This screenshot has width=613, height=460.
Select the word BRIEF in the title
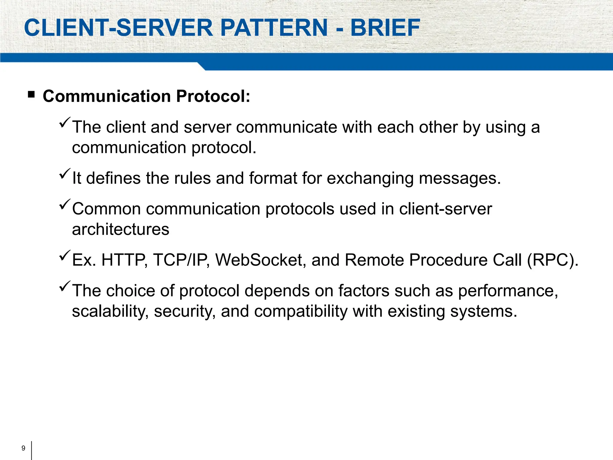(x=385, y=28)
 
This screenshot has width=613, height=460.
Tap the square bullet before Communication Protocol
(x=31, y=95)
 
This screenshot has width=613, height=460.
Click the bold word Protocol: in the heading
(x=213, y=96)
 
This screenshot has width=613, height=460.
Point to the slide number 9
(x=23, y=448)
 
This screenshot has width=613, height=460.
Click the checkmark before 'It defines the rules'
(x=65, y=174)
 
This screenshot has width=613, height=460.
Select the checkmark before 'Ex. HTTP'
(x=65, y=255)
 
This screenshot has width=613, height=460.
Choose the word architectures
(x=121, y=229)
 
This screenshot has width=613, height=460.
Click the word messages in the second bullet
(x=459, y=178)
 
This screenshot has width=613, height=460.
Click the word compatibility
(x=301, y=311)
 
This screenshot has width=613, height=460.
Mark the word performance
(x=508, y=290)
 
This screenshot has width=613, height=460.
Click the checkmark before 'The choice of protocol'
(x=65, y=286)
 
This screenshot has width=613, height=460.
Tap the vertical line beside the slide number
(x=31, y=450)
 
